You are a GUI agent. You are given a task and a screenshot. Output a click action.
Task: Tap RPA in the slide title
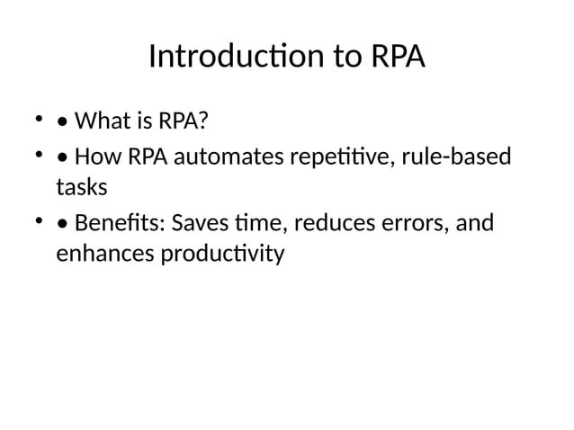click(396, 57)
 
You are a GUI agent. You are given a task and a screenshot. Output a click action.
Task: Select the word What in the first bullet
click(101, 120)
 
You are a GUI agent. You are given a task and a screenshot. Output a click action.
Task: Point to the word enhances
click(104, 254)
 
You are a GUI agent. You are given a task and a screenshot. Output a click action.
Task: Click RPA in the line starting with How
click(147, 157)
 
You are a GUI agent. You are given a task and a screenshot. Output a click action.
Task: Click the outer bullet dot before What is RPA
click(39, 117)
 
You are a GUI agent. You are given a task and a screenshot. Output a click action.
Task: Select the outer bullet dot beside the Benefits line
click(39, 219)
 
